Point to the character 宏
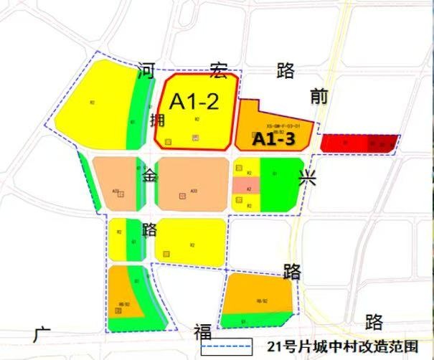(219, 70)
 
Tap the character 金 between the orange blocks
(150, 175)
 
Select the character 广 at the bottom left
(42, 333)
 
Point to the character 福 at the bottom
(202, 332)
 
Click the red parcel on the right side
(359, 143)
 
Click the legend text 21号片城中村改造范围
(341, 348)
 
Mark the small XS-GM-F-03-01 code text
(283, 125)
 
